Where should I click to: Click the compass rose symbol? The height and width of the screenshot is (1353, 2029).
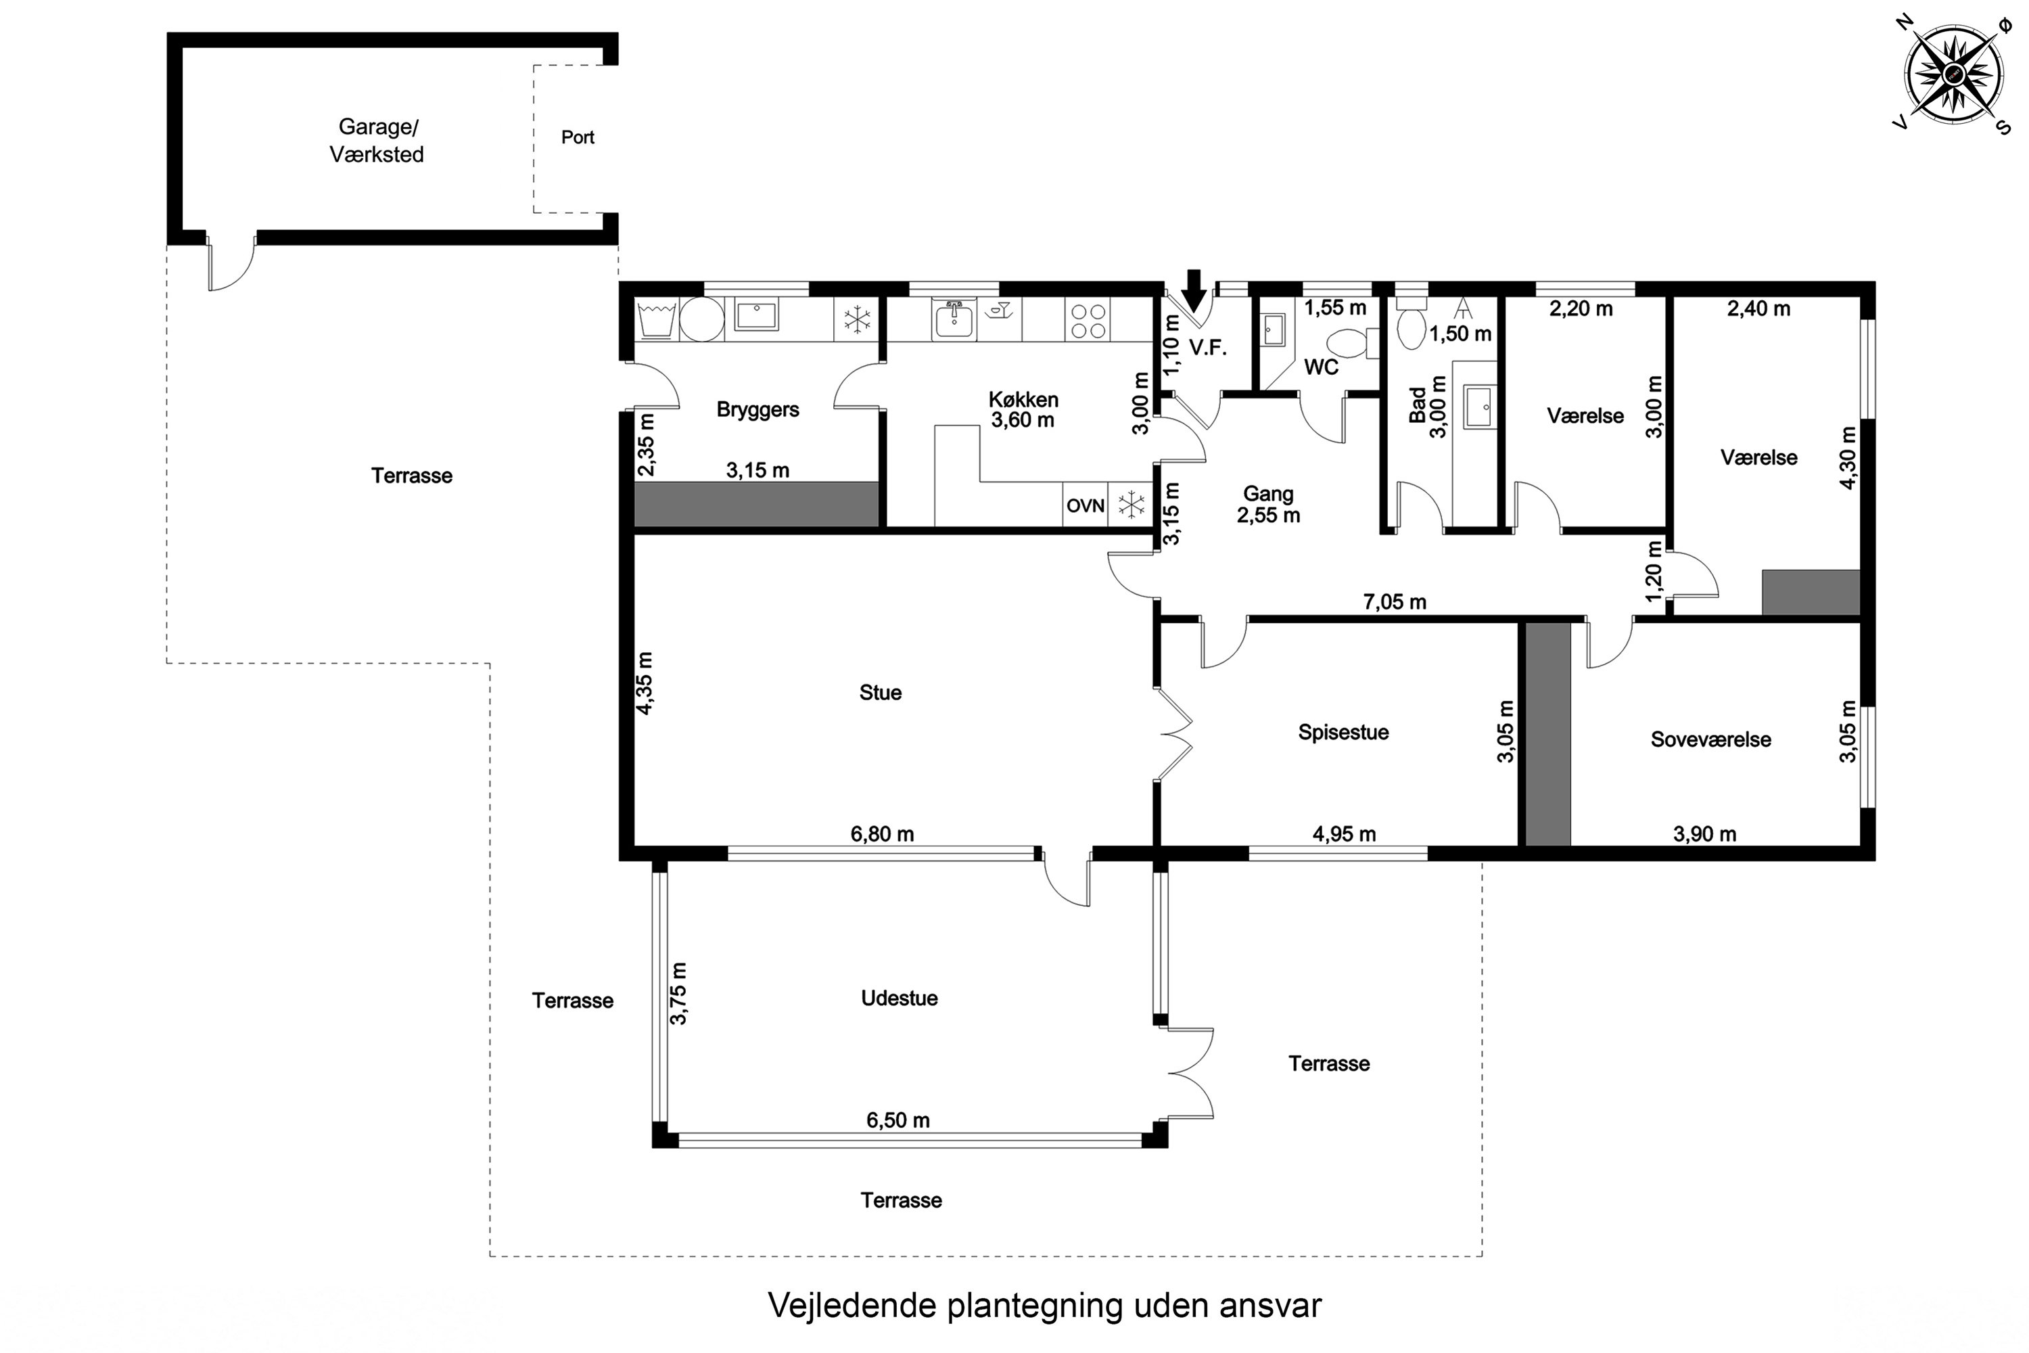coord(1953,75)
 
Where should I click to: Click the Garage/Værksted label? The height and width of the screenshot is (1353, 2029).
coord(377,140)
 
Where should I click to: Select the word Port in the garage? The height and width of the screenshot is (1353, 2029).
coord(577,137)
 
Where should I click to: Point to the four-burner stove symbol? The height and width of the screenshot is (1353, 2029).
coord(1088,320)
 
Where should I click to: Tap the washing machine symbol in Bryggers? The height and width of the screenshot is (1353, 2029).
coord(657,319)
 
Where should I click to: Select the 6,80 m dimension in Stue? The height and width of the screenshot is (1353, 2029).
coord(882,833)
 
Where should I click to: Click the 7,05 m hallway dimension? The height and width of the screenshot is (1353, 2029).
coord(1394,601)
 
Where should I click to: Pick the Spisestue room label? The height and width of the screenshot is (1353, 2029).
coord(1343,732)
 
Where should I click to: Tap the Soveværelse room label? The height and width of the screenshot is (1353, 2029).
coord(1710,739)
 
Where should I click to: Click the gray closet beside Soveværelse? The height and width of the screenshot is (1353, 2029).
coord(1547,733)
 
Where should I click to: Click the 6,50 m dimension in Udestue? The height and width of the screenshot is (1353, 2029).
coord(898,1120)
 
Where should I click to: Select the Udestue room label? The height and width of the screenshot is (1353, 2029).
coord(899,997)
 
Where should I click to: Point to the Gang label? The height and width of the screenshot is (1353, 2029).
coord(1267,494)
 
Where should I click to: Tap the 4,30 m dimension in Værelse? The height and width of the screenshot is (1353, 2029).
coord(1847,457)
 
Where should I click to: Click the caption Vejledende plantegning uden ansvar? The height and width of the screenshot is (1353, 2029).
coord(1044,1305)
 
